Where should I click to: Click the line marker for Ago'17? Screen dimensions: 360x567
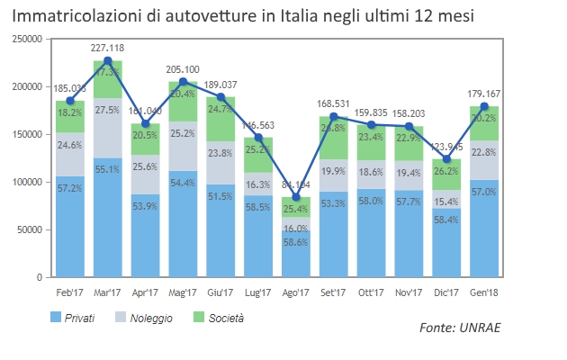[x=297, y=197]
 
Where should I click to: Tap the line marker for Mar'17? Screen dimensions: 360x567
[x=108, y=61]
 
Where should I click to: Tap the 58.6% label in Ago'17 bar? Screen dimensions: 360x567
[x=297, y=242]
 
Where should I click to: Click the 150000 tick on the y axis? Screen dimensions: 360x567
[x=27, y=134]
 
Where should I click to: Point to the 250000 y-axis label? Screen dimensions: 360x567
[x=27, y=40]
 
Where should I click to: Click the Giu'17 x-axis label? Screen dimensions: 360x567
[x=221, y=292]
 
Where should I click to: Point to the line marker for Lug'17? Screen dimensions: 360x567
[x=259, y=138]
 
